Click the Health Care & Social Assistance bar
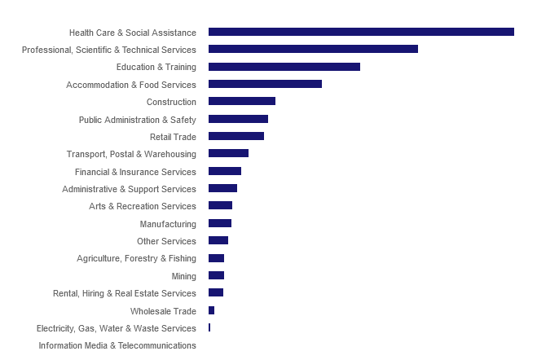point(361,32)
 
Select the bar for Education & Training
point(284,67)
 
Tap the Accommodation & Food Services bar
point(265,84)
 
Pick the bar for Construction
point(242,101)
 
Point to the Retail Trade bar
point(236,136)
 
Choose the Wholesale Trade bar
point(211,310)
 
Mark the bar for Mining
point(216,275)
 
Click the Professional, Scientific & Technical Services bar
point(313,49)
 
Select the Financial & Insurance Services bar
point(225,171)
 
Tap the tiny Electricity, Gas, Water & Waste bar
point(209,327)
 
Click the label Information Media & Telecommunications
point(117,345)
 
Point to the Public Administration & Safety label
point(138,120)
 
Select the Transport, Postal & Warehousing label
point(131,154)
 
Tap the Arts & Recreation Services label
point(143,206)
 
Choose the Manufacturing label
point(168,224)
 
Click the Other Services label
point(166,241)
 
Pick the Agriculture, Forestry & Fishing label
point(136,258)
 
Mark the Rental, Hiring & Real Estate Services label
point(125,293)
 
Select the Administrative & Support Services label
point(129,189)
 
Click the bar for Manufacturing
point(220,223)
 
